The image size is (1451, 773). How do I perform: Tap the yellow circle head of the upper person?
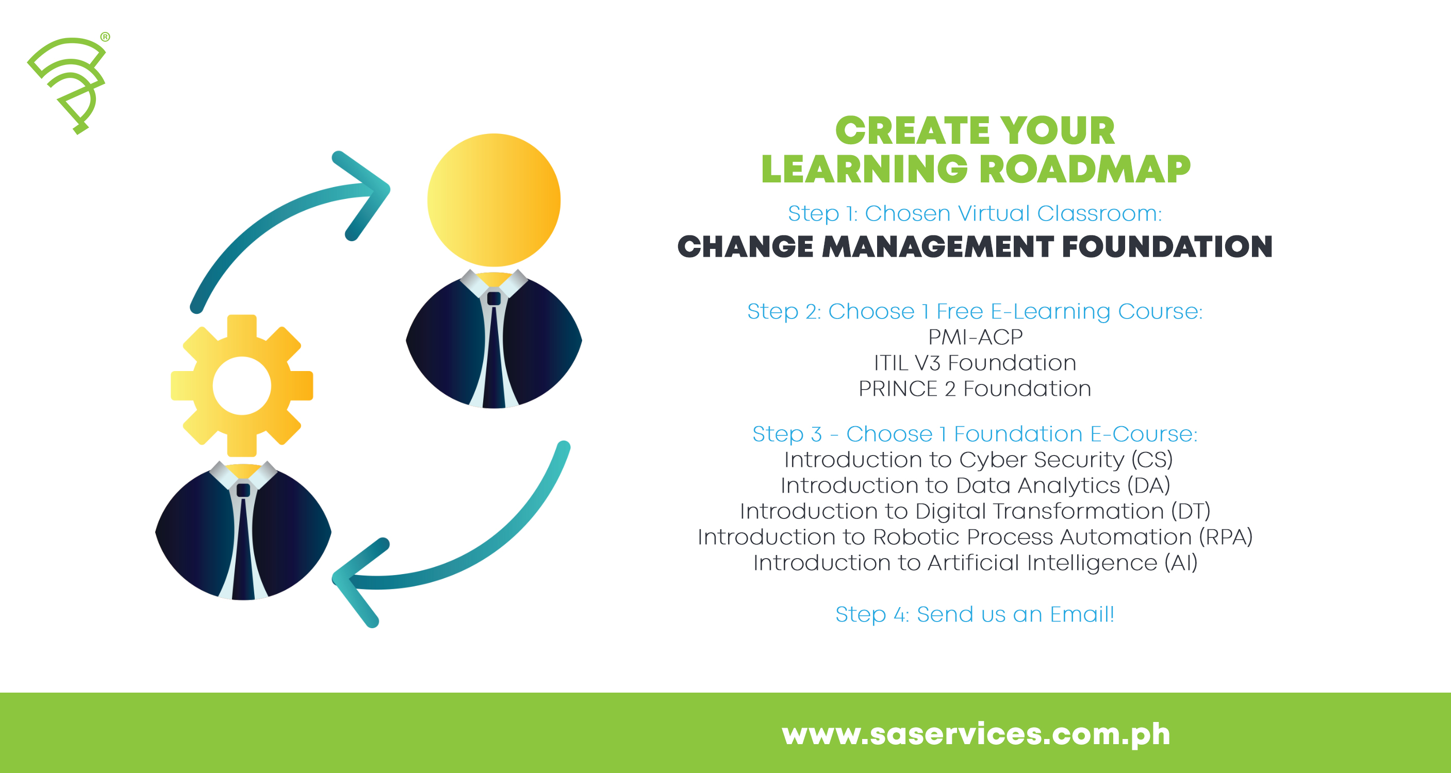493,199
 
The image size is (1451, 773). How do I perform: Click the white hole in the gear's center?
242,385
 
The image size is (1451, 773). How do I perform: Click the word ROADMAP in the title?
1085,169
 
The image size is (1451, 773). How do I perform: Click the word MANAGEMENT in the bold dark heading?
937,247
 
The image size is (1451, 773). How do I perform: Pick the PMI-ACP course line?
975,337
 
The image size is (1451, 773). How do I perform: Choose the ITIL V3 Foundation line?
975,363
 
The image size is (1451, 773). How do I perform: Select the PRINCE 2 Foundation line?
975,389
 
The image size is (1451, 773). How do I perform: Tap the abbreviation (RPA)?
1225,537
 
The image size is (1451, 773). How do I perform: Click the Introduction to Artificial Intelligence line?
975,563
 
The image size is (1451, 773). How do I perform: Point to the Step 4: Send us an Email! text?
975,614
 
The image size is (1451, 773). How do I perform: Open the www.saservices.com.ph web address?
976,734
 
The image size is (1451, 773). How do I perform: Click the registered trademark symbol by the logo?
105,37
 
